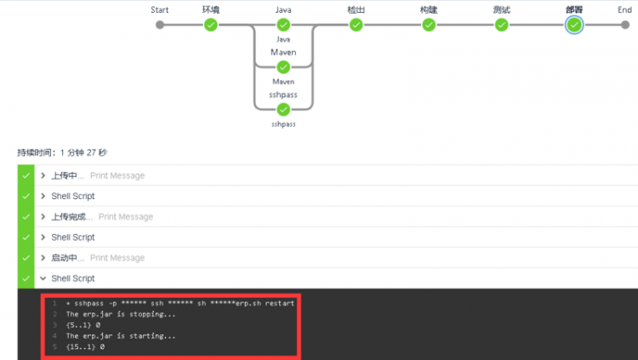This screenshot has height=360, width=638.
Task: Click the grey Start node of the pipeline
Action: coord(159,25)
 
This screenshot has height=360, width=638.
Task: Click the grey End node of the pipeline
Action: coord(624,25)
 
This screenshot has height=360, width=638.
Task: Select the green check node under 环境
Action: coord(211,25)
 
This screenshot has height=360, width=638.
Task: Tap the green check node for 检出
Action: coord(356,25)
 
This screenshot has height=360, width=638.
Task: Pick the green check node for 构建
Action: coord(429,25)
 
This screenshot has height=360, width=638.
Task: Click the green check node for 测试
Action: coord(502,25)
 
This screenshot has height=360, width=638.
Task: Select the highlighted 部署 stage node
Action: coord(574,25)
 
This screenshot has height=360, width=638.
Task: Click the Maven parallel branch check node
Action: coord(283,67)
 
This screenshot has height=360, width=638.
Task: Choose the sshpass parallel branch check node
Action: coord(283,109)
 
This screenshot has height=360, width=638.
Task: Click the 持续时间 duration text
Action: coord(62,152)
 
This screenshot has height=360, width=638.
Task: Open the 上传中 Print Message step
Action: coord(94,175)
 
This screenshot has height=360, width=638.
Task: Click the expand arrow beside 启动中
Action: coord(43,258)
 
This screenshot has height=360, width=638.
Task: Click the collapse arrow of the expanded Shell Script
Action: coord(43,278)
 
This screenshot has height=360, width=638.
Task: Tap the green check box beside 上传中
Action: coord(26,175)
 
